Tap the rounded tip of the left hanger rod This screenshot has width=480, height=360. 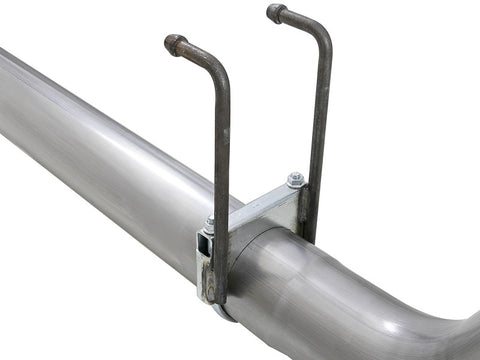(x=175, y=44)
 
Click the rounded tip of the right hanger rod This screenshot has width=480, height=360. (x=276, y=13)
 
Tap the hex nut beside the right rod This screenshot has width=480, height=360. (x=295, y=180)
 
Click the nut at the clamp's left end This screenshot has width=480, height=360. (x=210, y=227)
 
